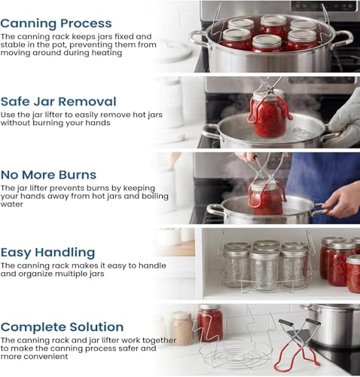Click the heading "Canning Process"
pos(56,24)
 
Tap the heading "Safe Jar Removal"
pos(59,102)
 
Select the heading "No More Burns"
pos(48,175)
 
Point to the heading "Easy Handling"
pos(47,253)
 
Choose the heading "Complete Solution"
pos(62,327)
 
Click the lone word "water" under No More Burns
pos(11,204)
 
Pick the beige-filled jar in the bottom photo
pos(182,328)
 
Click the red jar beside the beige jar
pos(210,323)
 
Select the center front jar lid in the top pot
pos(267,41)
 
